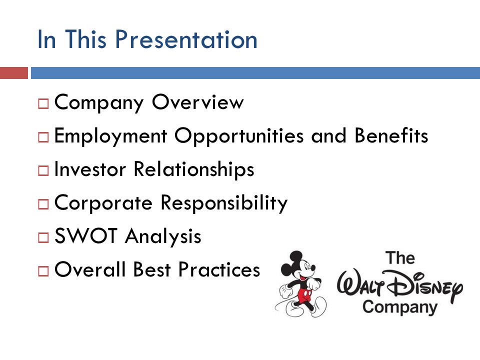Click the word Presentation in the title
(x=186, y=39)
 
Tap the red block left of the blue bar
(x=14, y=73)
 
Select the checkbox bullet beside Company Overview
(x=43, y=104)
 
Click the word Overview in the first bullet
(x=198, y=102)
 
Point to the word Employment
(x=110, y=136)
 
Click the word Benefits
(x=391, y=135)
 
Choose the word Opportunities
(x=239, y=136)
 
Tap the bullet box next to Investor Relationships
(x=43, y=170)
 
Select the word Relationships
(x=194, y=169)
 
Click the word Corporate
(x=103, y=202)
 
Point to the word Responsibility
(x=224, y=203)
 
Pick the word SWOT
(x=85, y=235)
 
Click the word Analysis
(x=163, y=236)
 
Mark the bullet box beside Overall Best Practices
(x=43, y=271)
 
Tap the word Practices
(x=219, y=269)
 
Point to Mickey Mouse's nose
(x=313, y=269)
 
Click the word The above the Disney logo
(x=400, y=258)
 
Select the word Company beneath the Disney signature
(x=400, y=307)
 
